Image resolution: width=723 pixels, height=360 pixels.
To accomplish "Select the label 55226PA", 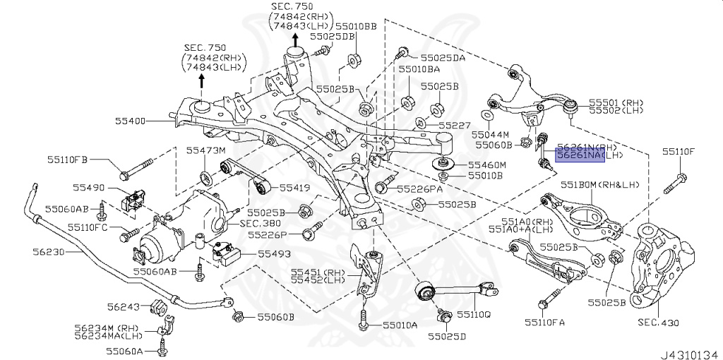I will (419, 189).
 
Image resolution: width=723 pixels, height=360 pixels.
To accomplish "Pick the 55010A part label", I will (400, 325).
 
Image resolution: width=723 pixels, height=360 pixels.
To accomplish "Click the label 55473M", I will (205, 150).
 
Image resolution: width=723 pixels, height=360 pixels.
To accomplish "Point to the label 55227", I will (454, 125).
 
